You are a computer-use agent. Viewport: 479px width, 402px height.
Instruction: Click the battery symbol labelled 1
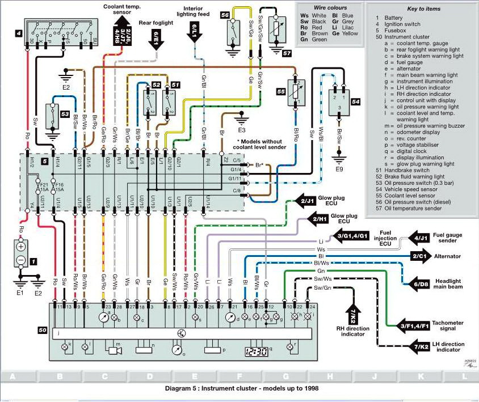coord(21,254)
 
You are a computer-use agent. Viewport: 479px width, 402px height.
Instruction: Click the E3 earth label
coord(241,130)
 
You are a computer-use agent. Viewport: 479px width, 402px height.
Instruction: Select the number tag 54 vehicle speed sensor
coord(356,102)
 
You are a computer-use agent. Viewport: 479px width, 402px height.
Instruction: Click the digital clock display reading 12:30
coord(257,352)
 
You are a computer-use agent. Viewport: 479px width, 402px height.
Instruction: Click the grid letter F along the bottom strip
coord(239,376)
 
